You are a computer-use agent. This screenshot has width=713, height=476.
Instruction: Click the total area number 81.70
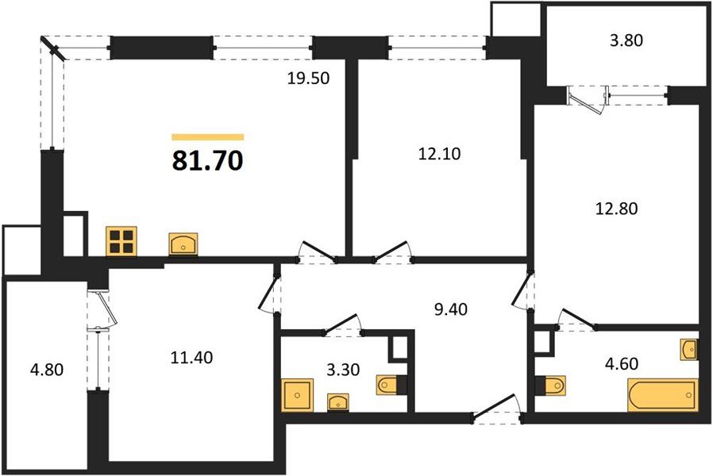(x=207, y=161)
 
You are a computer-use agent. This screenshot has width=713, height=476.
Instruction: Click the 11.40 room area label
(x=191, y=357)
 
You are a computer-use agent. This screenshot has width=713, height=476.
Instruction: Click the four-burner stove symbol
(x=121, y=240)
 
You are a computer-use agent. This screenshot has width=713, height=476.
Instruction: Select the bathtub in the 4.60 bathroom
(x=663, y=394)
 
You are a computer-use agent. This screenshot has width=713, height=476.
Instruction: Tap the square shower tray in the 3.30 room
(x=299, y=394)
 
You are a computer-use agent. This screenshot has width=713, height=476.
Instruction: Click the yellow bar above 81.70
(x=207, y=136)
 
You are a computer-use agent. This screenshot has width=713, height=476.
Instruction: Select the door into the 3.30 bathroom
(x=341, y=324)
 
